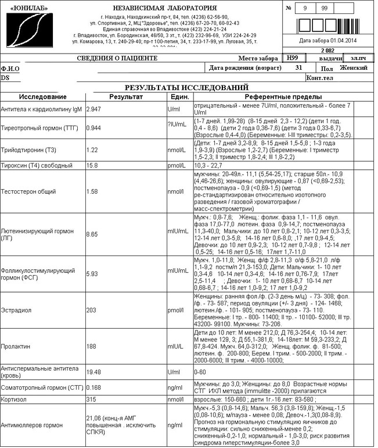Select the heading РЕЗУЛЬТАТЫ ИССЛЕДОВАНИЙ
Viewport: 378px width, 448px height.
(x=182, y=87)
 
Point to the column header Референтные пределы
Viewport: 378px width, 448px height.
(x=283, y=97)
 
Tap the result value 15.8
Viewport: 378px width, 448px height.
(x=92, y=166)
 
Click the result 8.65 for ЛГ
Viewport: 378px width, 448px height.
(x=92, y=234)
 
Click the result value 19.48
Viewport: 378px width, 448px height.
(x=93, y=371)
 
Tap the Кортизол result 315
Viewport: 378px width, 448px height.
(x=91, y=400)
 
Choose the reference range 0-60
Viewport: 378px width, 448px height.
(x=201, y=371)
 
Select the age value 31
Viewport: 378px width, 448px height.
(x=299, y=68)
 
